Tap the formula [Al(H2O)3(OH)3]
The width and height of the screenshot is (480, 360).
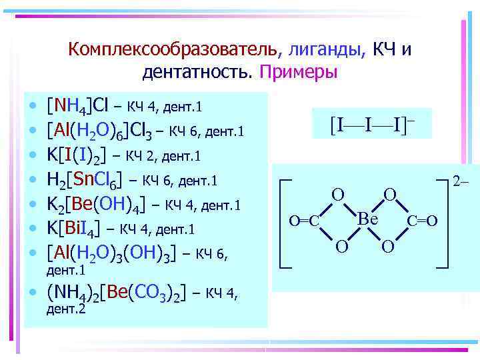pyautogui.click(x=111, y=252)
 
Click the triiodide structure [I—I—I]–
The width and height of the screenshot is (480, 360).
pyautogui.click(x=371, y=123)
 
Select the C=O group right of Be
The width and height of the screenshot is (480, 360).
pyautogui.click(x=422, y=221)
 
